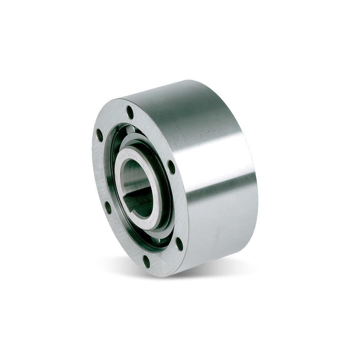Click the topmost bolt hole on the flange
click(x=130, y=112)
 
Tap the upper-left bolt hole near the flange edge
click(x=100, y=135)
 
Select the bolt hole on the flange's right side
click(x=171, y=167)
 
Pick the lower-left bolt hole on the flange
click(x=108, y=207)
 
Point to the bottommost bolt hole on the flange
click(x=146, y=261)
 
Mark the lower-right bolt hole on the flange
click(x=179, y=243)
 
